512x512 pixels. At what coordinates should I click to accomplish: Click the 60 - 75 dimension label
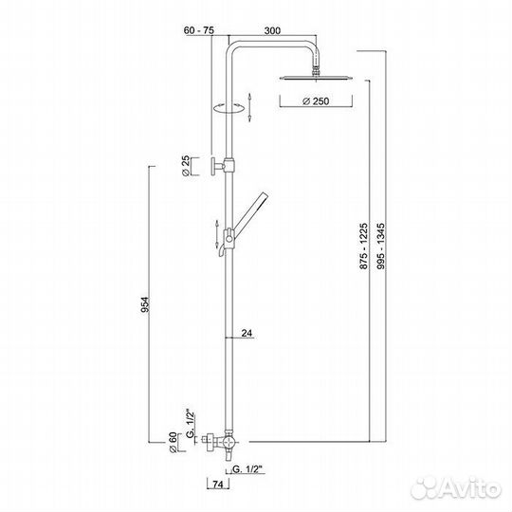click(x=199, y=30)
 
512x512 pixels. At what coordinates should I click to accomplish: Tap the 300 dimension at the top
click(x=272, y=30)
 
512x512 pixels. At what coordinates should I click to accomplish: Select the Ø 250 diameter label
click(x=316, y=101)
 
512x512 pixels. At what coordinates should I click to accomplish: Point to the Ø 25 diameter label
click(x=186, y=166)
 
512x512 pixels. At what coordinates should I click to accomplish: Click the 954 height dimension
click(x=145, y=304)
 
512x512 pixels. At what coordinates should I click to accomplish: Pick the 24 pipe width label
click(x=247, y=334)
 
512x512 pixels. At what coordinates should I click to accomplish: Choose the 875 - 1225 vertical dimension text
click(x=364, y=247)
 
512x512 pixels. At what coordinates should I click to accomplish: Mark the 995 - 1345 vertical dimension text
click(x=380, y=247)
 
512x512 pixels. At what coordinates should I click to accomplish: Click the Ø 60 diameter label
click(x=173, y=442)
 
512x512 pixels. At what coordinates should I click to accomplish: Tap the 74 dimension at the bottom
click(x=218, y=485)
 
